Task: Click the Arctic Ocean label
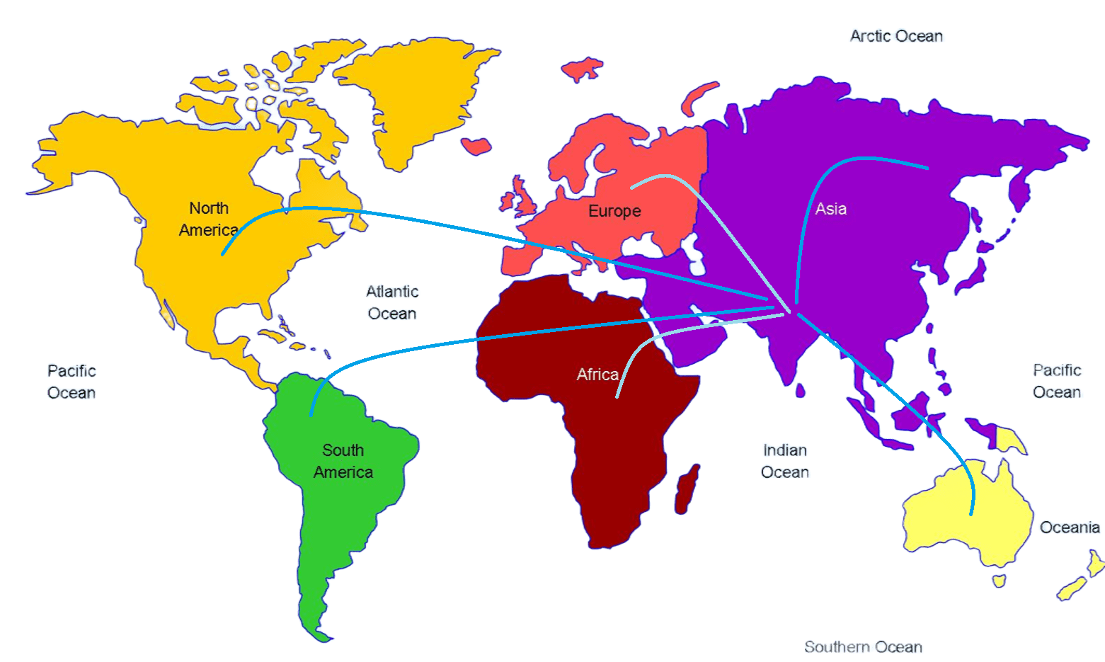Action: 896,36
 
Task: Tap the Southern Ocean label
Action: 863,647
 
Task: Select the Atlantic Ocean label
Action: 392,302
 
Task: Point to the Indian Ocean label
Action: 785,461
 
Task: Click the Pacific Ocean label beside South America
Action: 71,382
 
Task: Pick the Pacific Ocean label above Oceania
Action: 1057,381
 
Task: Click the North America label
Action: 208,219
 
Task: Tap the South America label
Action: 343,461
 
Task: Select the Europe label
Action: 614,211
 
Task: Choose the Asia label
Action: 830,209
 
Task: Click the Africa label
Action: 597,375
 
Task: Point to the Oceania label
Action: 1070,527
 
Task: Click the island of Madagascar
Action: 687,489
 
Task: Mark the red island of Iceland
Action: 476,146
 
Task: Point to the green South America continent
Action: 340,510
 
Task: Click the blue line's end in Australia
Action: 971,514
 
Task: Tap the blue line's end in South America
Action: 311,415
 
